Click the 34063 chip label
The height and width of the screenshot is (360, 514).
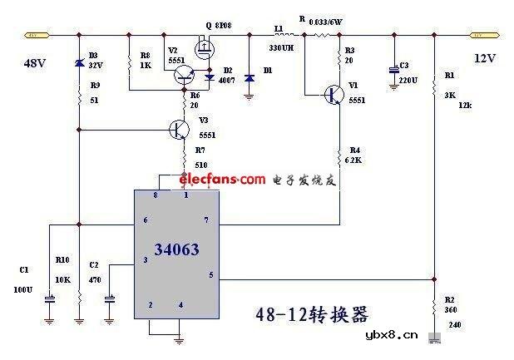coord(175,249)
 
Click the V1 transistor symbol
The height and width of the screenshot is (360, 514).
coord(334,95)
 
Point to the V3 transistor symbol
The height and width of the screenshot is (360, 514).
coord(180,130)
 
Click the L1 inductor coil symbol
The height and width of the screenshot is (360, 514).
coord(279,36)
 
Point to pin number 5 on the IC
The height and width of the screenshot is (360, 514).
coord(210,274)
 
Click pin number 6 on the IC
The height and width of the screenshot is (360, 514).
coord(145,219)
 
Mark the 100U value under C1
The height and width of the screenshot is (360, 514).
coord(22,290)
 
